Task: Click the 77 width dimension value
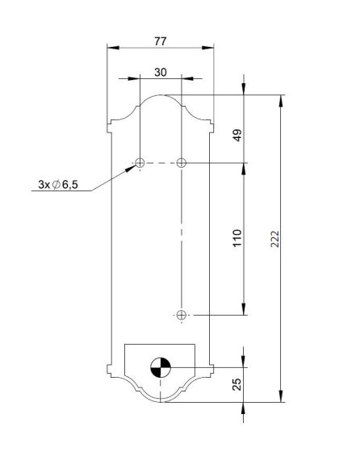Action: [161, 41]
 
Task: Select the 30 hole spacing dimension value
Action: [161, 72]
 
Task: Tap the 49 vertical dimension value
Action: [237, 136]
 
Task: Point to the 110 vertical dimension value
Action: [237, 238]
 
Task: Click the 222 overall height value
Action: [275, 239]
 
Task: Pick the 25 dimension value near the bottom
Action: [237, 384]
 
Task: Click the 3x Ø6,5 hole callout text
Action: [58, 185]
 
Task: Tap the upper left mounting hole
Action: [140, 163]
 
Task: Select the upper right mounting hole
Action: [182, 163]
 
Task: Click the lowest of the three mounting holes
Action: [182, 315]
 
